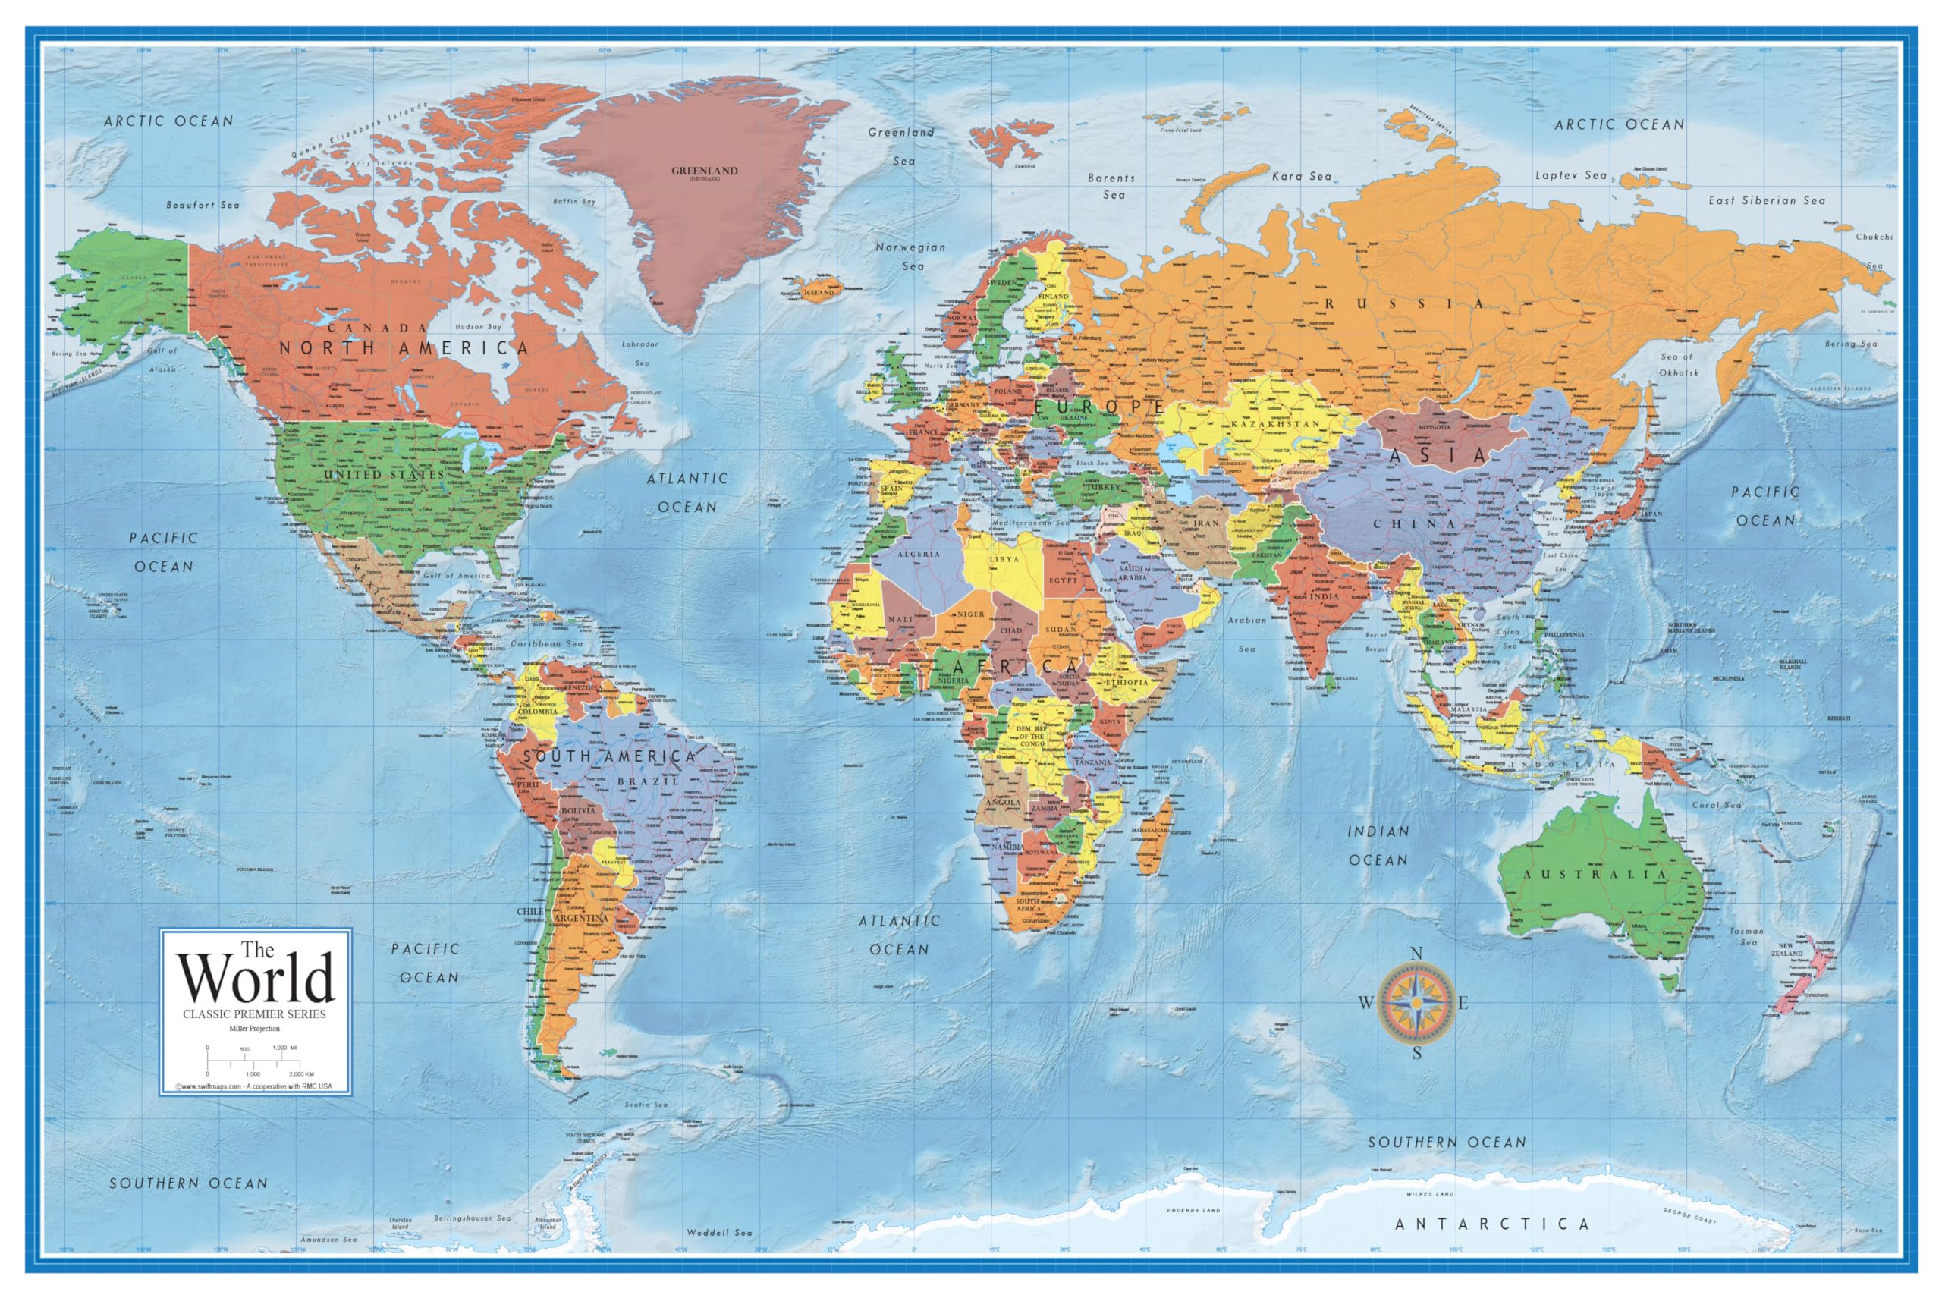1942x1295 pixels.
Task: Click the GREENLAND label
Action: [704, 171]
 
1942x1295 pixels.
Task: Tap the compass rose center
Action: [1416, 1003]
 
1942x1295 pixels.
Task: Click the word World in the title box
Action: [256, 979]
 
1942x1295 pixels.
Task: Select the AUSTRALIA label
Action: [1595, 874]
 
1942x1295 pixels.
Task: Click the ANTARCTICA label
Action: [1491, 1224]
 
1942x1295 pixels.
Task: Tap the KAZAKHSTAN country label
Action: [1276, 423]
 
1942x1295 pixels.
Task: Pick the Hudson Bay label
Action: [478, 327]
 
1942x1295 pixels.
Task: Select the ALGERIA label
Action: [917, 554]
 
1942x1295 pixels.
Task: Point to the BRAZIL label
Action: [647, 781]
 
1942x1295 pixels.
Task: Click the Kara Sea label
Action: [1301, 176]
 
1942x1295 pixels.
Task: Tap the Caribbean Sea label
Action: [545, 643]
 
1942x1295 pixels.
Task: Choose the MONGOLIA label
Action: [1434, 427]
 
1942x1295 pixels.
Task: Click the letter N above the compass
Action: [1416, 954]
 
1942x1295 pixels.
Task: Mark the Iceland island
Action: [819, 291]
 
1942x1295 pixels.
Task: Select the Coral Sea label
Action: [1717, 804]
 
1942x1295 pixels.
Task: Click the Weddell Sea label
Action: [719, 1232]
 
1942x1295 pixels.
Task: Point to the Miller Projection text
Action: [254, 1029]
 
